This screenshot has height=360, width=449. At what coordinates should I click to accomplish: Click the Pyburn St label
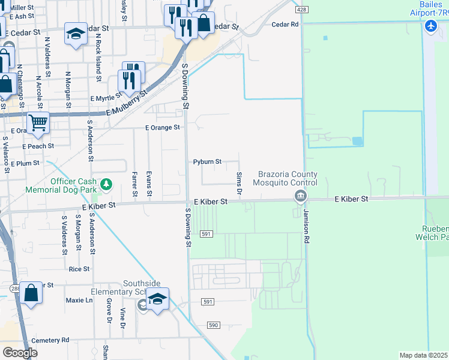coord(207,162)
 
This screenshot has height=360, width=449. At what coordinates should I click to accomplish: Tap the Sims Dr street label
coord(239,182)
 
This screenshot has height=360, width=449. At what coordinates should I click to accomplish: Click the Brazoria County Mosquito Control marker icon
coord(300,196)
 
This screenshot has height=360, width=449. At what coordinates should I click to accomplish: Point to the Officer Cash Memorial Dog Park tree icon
coord(106,183)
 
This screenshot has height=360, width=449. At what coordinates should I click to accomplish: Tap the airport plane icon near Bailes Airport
coord(430,26)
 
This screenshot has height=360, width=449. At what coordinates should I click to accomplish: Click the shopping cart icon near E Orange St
coord(38,122)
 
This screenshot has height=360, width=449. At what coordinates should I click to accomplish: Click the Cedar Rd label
coord(285,25)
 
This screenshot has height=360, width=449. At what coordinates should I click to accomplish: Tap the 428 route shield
coord(302,10)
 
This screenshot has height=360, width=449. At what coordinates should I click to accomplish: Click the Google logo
coord(20,352)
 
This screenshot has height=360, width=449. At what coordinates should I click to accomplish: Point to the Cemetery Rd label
coord(50,340)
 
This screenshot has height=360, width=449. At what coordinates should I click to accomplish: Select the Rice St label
coord(79,269)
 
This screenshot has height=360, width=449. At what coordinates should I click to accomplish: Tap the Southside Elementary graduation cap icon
coord(157,298)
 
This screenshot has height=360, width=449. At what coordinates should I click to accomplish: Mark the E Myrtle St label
coord(105,98)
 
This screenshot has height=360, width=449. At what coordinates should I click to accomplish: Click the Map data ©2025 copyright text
coord(424,355)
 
